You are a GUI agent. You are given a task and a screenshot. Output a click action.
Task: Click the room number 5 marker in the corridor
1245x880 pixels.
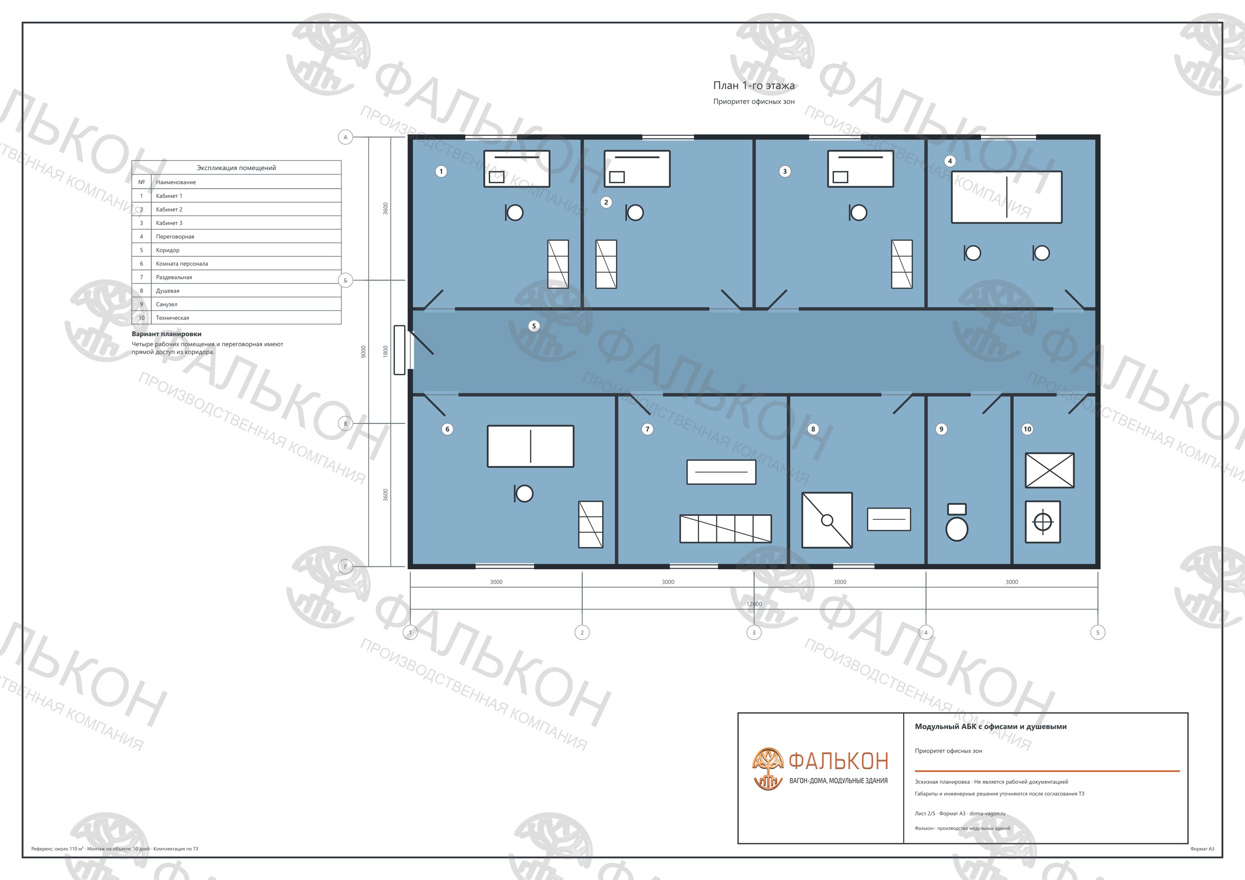(x=534, y=326)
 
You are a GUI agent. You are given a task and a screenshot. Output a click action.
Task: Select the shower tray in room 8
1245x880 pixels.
(x=827, y=520)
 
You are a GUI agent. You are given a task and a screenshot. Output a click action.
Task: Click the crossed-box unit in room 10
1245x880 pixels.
(x=1049, y=470)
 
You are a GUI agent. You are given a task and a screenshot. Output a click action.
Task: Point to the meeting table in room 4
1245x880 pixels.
(x=1006, y=197)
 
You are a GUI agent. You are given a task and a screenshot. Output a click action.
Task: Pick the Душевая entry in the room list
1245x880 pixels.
(x=168, y=291)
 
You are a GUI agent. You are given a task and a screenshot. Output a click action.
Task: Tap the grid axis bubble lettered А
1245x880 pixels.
(x=345, y=137)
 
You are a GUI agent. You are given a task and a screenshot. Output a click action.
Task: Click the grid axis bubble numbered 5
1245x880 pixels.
(x=1098, y=632)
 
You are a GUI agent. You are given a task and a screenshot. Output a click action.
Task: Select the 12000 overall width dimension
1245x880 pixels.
(x=754, y=604)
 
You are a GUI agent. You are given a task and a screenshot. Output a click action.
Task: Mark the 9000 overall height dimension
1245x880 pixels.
(x=363, y=352)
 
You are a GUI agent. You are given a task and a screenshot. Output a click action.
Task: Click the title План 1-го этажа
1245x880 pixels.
(x=754, y=85)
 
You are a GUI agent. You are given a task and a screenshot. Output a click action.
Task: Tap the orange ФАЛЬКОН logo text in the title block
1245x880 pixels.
(x=838, y=761)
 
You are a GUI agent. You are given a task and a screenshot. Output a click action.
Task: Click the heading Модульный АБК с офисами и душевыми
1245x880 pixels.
(x=991, y=726)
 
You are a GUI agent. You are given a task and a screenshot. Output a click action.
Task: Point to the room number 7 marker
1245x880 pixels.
(x=647, y=429)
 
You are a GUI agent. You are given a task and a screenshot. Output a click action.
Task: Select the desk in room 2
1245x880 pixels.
(x=637, y=169)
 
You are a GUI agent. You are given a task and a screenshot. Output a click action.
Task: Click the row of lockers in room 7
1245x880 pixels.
(x=726, y=528)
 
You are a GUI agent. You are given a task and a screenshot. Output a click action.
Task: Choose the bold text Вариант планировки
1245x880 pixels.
(x=166, y=334)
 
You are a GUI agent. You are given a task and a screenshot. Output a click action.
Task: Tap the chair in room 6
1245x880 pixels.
(x=523, y=493)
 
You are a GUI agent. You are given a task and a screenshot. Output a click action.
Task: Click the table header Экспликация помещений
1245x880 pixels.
(x=236, y=168)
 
